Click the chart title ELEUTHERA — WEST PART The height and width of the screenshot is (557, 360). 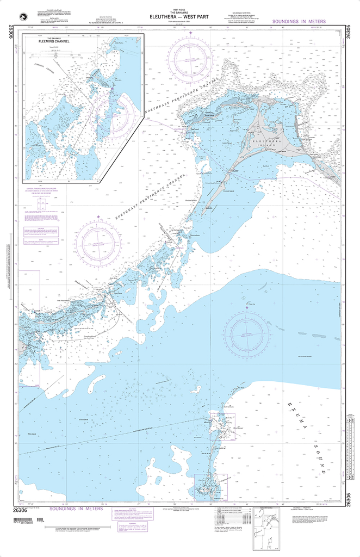(x=179, y=16)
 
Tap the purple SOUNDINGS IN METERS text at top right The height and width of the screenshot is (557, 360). (x=297, y=21)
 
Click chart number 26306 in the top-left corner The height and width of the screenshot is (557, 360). (x=11, y=32)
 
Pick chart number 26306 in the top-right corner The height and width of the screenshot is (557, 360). (x=349, y=32)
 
